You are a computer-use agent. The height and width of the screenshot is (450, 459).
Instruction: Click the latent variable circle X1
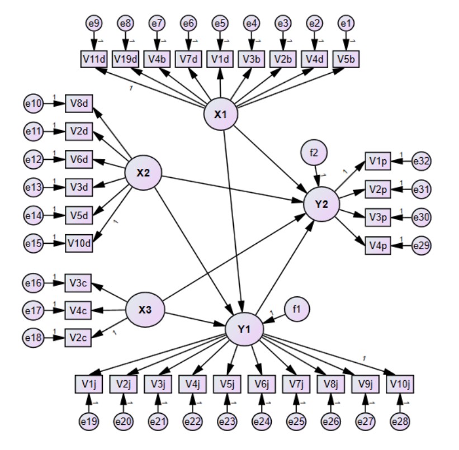pos(221,115)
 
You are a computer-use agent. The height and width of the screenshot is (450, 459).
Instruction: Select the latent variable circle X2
pos(143,173)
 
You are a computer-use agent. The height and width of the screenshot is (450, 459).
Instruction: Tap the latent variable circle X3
pos(144,309)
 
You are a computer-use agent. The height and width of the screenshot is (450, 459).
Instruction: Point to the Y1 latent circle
pos(244,328)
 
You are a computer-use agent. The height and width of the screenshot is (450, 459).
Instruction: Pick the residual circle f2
pos(314,152)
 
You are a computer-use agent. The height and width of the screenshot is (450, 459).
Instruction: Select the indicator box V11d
pos(93,58)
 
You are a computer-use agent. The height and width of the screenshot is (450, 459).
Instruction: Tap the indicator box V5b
pos(346,58)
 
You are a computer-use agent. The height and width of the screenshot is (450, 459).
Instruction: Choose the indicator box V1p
pos(378,162)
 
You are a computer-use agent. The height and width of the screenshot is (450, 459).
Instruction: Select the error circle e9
pos(93,23)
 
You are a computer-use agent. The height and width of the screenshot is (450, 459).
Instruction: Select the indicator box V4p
pos(378,244)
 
